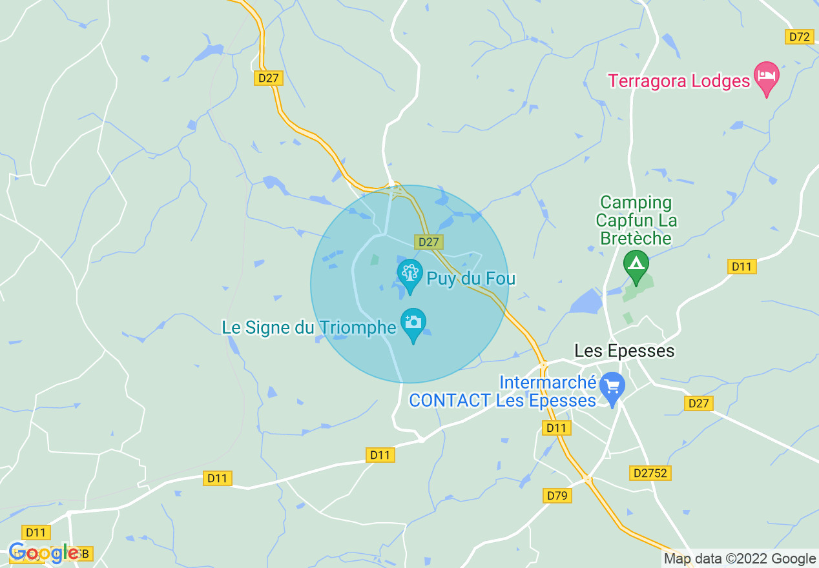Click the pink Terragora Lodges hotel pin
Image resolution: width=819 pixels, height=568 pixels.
[767, 77]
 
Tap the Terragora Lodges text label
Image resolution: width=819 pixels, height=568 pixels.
[679, 81]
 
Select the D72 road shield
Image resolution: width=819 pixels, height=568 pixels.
[800, 37]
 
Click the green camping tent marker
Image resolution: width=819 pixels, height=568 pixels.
[636, 265]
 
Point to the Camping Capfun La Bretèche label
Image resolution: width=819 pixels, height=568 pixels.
[636, 221]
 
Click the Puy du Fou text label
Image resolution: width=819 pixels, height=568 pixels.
[471, 279]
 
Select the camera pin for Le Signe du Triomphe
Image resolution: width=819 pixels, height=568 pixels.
[413, 323]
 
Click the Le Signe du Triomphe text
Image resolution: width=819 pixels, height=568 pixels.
[309, 327]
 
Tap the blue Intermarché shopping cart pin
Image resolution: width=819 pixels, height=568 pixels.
[612, 387]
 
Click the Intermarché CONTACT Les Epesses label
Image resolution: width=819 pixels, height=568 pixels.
[503, 391]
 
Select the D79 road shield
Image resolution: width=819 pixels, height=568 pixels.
[556, 495]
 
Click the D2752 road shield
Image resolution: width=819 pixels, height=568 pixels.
[650, 473]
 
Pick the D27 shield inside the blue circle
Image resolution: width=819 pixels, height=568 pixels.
[429, 242]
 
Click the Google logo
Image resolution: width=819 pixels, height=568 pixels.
[44, 553]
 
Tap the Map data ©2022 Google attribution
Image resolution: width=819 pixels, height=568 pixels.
[740, 559]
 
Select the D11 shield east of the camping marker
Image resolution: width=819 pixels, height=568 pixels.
[741, 267]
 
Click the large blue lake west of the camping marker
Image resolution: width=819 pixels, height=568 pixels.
[586, 301]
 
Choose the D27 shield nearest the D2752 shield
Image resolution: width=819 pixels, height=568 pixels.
[698, 403]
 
